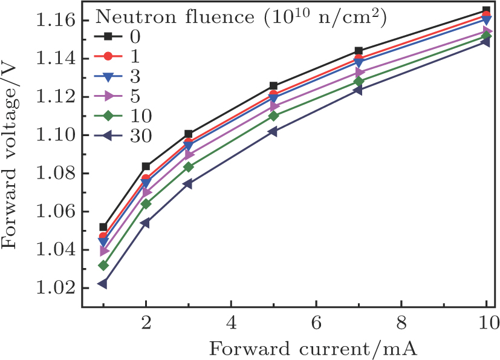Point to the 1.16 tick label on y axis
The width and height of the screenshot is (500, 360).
(x=57, y=21)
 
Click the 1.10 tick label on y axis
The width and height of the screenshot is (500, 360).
(x=57, y=135)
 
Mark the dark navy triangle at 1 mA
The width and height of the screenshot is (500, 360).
(x=103, y=283)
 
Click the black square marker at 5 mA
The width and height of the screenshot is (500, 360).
(x=273, y=86)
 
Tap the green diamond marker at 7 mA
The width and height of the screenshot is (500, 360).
(x=359, y=81)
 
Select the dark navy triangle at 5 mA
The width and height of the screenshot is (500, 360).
(x=273, y=131)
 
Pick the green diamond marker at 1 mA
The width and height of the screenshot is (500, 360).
(x=103, y=265)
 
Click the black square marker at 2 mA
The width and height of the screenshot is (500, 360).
(x=146, y=166)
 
